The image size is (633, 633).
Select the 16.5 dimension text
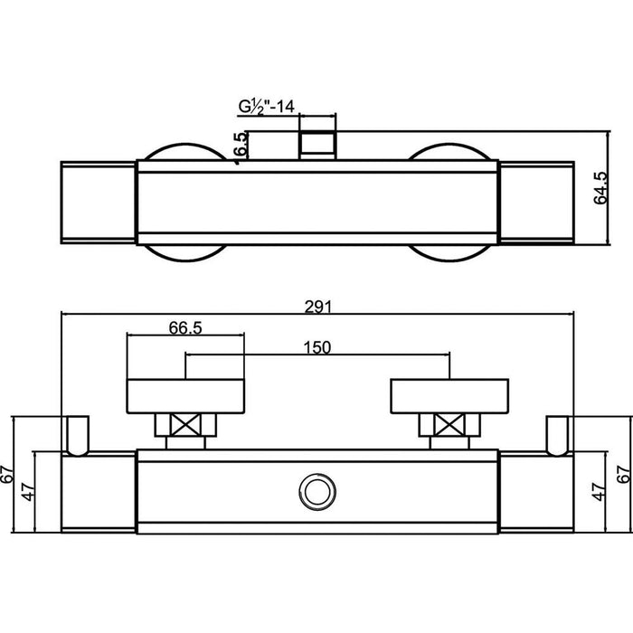coord(239,146)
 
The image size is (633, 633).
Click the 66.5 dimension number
coord(184,327)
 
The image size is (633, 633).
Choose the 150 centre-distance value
coord(316,347)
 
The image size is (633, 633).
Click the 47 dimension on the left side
coord(27,493)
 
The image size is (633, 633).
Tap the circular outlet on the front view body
coord(316,492)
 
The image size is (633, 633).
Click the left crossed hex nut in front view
coord(184,425)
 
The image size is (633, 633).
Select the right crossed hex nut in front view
coord(447,425)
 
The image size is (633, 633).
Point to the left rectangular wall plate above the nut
coord(184,394)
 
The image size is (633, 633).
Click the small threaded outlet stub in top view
coord(316,145)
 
